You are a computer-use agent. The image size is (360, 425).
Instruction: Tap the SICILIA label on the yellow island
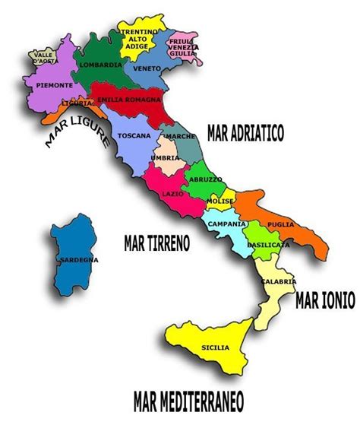point(215,347)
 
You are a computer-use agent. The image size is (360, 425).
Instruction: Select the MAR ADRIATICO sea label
point(245,135)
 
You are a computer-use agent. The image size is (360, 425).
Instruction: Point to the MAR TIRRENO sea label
point(156,243)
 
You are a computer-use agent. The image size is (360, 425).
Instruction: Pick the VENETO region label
point(146,67)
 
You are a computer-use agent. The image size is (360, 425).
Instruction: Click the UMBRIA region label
point(165,157)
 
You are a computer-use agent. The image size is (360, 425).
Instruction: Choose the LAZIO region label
point(172,193)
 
